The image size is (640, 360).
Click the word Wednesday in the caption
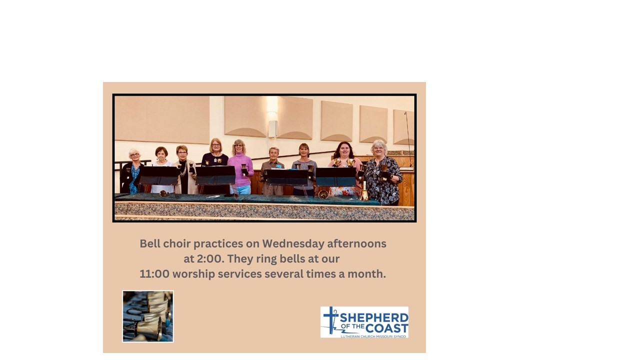pyautogui.click(x=293, y=243)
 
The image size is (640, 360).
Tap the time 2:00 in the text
pyautogui.click(x=209, y=259)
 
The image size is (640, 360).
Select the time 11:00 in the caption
pyautogui.click(x=154, y=274)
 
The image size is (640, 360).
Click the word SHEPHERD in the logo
pyautogui.click(x=373, y=318)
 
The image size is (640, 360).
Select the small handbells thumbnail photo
pyautogui.click(x=148, y=316)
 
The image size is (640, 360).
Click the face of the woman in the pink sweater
pyautogui.click(x=238, y=148)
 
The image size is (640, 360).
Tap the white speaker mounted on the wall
pyautogui.click(x=273, y=128)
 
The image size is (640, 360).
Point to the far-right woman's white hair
pyautogui.click(x=379, y=144)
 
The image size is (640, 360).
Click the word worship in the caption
pyautogui.click(x=193, y=274)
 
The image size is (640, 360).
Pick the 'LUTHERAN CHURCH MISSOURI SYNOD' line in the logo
pyautogui.click(x=373, y=336)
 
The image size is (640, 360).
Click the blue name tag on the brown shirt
pyautogui.click(x=278, y=166)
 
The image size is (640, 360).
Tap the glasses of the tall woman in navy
pyautogui.click(x=216, y=145)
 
